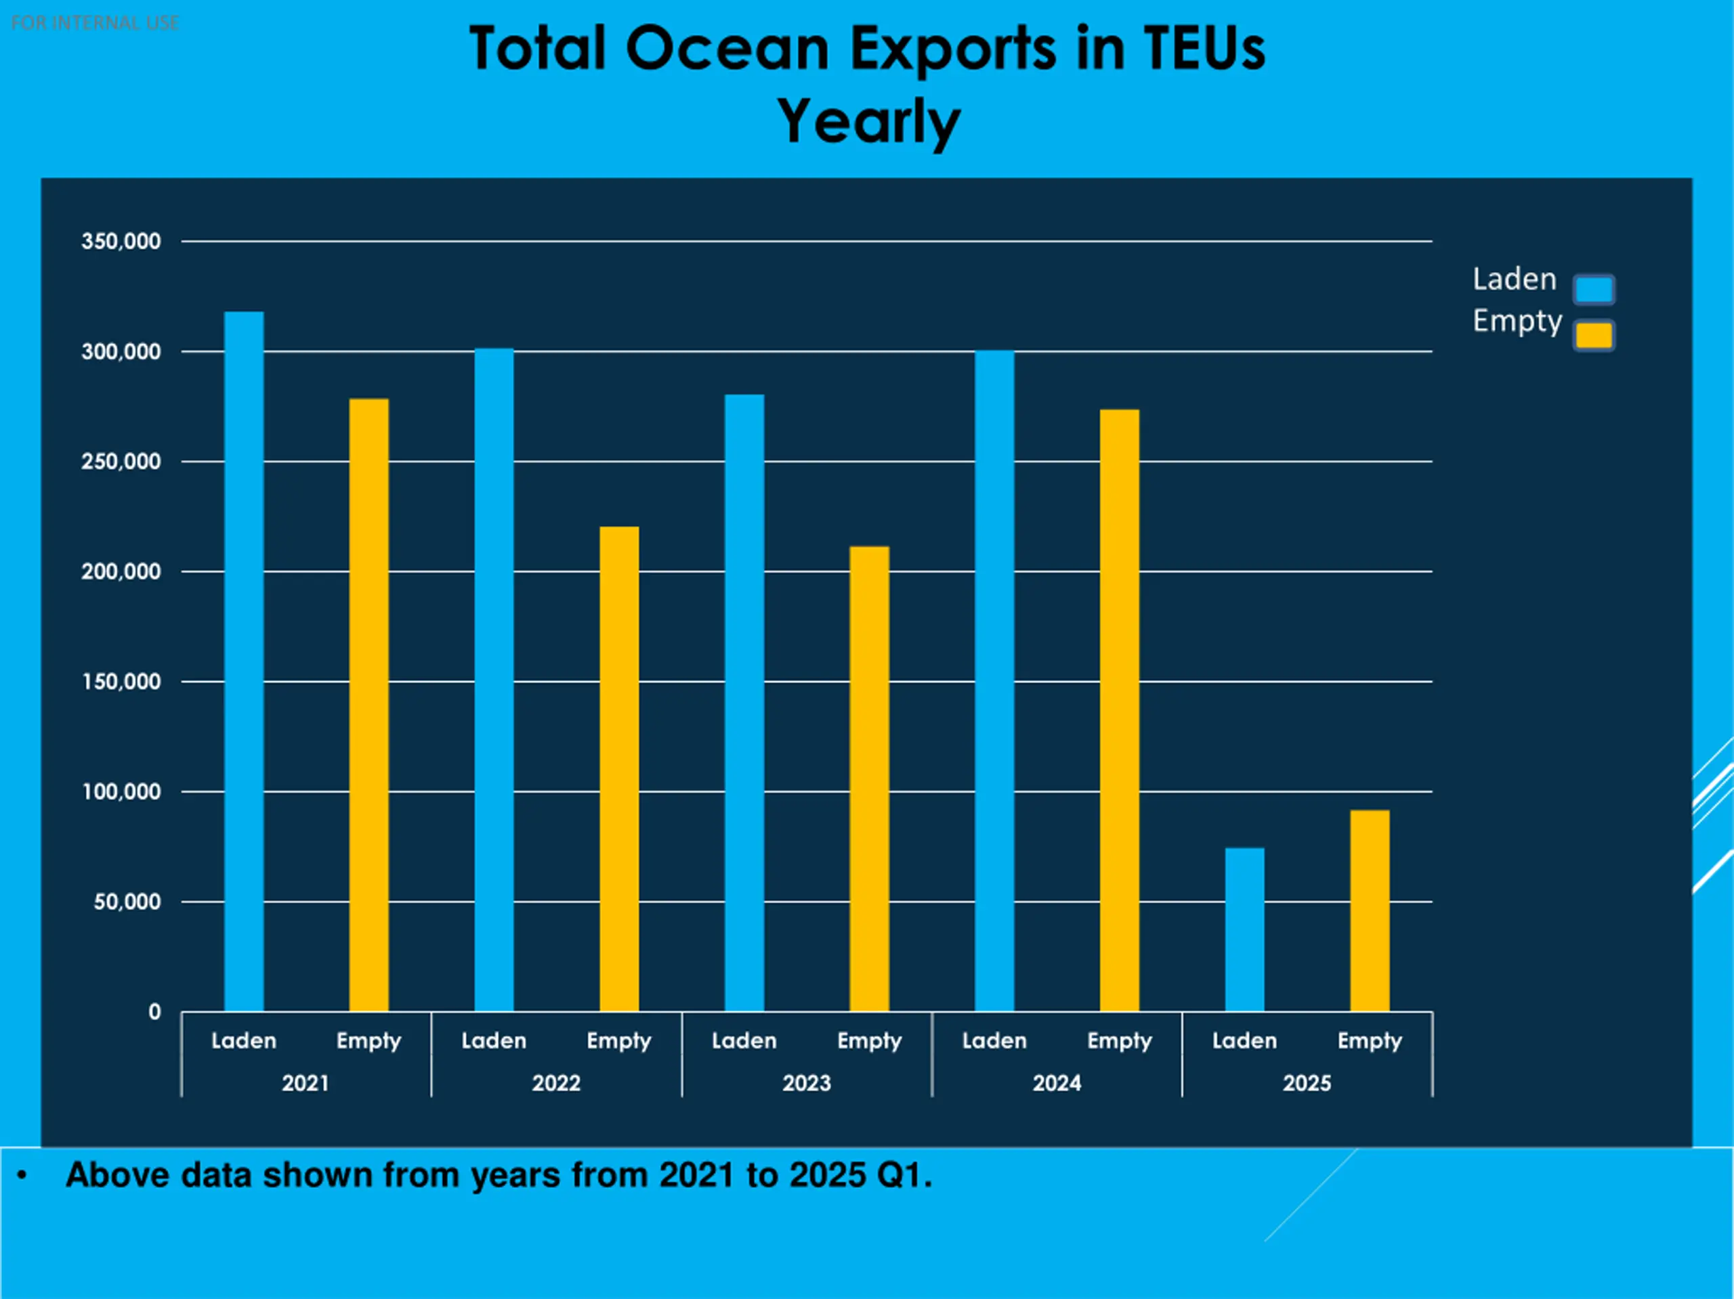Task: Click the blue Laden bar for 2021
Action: point(244,661)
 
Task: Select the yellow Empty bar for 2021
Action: point(368,705)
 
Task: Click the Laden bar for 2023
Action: point(744,703)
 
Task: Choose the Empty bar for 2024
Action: point(1120,710)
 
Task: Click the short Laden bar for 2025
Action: point(1244,929)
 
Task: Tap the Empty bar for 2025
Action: point(1370,910)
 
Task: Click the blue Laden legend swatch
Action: point(1594,289)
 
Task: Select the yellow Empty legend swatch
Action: point(1594,335)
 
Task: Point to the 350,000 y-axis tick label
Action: point(121,241)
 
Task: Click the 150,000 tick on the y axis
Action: point(121,682)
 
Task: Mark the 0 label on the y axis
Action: point(154,1012)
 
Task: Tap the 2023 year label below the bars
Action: point(806,1084)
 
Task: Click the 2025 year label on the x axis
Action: point(1307,1084)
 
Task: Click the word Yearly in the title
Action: point(868,121)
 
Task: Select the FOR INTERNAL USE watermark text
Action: point(95,23)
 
